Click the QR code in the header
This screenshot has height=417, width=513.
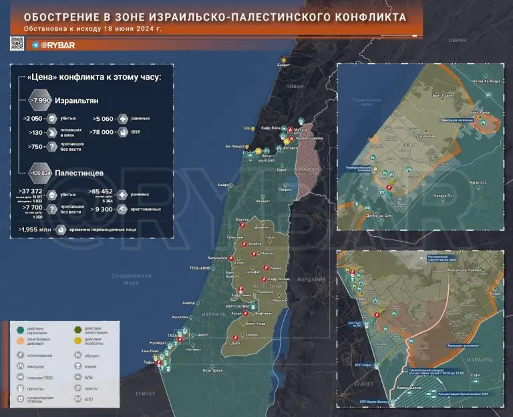17,44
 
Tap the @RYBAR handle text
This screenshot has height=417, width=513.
59,45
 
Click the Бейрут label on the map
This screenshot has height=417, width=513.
284,65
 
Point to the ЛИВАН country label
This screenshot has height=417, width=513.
296,87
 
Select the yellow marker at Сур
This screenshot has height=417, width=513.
255,128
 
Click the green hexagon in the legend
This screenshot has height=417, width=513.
21,328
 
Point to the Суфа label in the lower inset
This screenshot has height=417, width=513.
476,376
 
